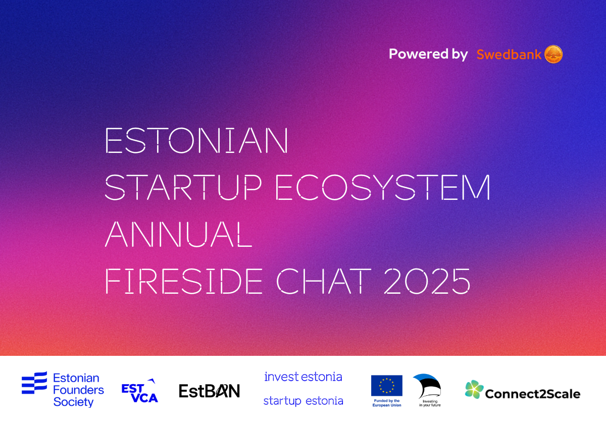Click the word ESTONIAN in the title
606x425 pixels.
point(196,140)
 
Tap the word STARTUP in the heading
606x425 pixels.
point(183,187)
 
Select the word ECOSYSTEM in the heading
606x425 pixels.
point(383,187)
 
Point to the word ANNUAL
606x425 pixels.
point(179,234)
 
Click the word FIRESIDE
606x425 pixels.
point(184,281)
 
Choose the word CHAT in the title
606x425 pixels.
point(324,281)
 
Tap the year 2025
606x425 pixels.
point(427,281)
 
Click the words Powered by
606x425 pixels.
point(428,55)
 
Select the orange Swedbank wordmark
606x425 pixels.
point(509,55)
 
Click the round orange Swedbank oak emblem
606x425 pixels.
point(553,54)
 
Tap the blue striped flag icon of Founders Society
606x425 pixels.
point(34,383)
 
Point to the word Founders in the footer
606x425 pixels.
point(78,390)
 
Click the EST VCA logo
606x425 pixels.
point(139,391)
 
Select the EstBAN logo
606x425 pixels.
point(210,391)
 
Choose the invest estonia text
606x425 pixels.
point(304,377)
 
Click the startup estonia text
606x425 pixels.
point(304,401)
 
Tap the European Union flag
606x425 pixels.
point(387,386)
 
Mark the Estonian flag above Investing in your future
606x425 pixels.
point(427,386)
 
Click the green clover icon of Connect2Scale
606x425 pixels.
point(474,389)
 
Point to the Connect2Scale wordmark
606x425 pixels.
point(533,394)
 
